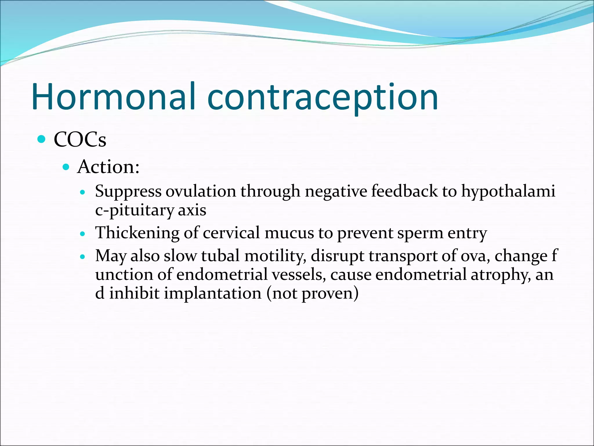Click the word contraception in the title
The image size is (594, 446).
coord(323,97)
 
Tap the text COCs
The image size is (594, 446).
coord(80,140)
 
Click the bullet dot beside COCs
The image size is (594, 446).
coord(42,139)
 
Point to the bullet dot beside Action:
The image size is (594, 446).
coord(66,167)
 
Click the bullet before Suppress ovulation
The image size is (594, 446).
coord(83,192)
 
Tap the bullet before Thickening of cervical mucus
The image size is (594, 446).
coord(83,233)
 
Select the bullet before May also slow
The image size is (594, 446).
coord(83,257)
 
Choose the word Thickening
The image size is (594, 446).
coord(137,233)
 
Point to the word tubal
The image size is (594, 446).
coord(220,256)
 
